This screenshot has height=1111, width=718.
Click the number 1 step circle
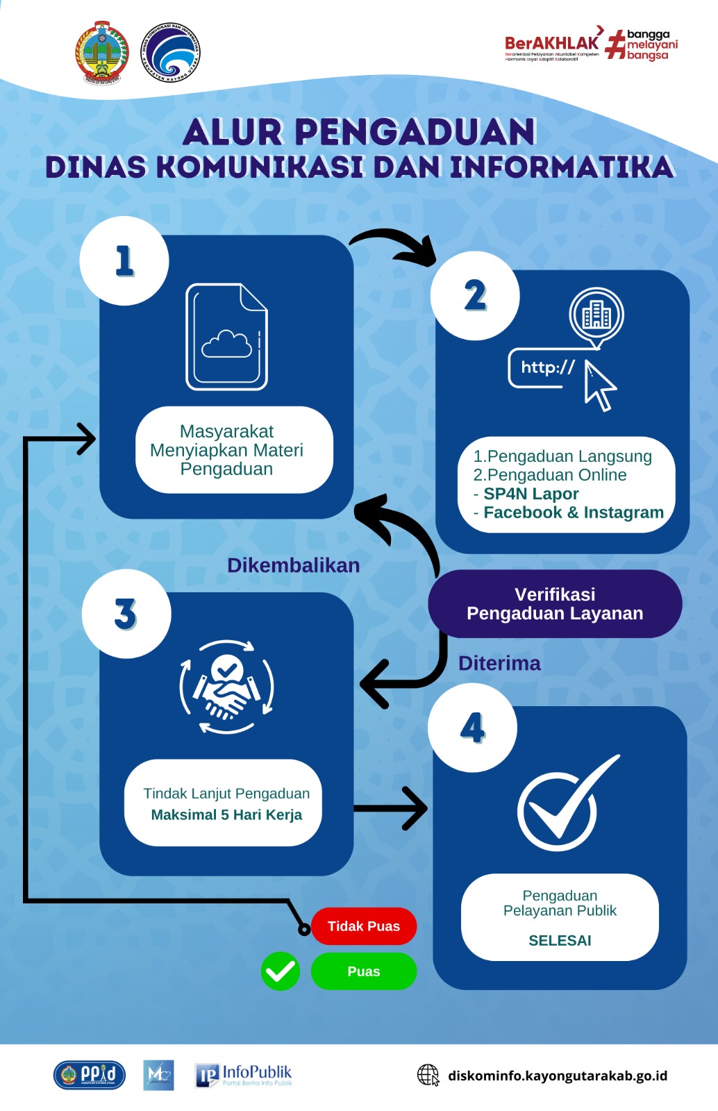click(124, 261)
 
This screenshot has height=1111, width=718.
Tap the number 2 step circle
click(475, 296)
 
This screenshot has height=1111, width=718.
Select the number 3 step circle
click(126, 614)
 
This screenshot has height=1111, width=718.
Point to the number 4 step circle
click(472, 728)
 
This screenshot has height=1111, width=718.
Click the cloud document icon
click(226, 337)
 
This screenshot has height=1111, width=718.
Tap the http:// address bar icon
click(549, 368)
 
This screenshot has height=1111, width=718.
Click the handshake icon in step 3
click(226, 687)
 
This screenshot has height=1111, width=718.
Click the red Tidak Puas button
click(364, 926)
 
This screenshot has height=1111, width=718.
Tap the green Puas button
click(364, 971)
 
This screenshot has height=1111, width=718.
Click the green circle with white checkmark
click(281, 971)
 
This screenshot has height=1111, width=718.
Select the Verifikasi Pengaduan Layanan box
click(555, 604)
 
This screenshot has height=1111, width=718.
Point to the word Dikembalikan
click(293, 565)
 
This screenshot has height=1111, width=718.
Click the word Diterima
click(499, 663)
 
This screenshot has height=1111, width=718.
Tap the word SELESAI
click(560, 940)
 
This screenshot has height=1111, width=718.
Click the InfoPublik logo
click(244, 1075)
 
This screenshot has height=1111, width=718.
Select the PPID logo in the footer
click(90, 1075)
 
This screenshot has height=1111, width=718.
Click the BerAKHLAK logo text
click(551, 44)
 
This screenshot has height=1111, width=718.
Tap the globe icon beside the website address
click(428, 1075)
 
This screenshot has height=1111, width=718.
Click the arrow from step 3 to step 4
click(390, 808)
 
